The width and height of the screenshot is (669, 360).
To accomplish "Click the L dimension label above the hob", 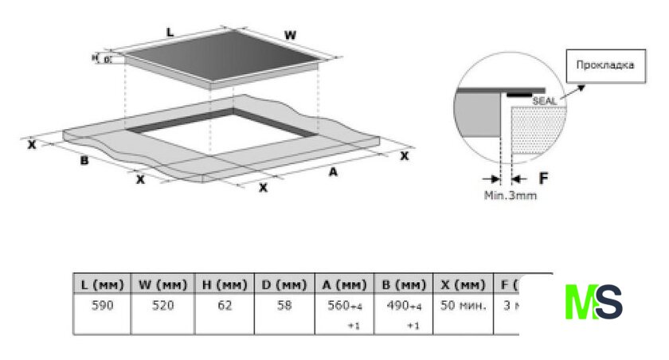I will [x=170, y=32].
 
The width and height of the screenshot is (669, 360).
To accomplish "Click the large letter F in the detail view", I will [x=544, y=176].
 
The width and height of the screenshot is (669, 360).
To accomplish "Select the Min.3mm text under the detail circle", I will [x=510, y=194].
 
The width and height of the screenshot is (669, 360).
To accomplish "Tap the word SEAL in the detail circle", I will [x=545, y=101].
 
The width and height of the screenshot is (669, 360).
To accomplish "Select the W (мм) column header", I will [x=163, y=284].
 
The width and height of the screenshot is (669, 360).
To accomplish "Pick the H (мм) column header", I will [x=224, y=284].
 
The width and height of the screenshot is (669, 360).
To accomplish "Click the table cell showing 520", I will [x=163, y=306].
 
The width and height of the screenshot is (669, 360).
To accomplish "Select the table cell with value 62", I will [x=224, y=306].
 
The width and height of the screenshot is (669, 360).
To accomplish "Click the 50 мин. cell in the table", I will [x=462, y=306].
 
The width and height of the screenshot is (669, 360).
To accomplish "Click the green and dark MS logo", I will [x=593, y=302].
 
